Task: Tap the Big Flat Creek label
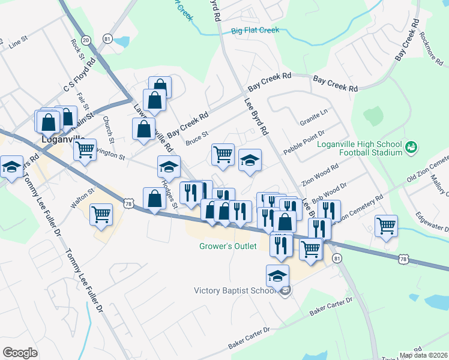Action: pyautogui.click(x=255, y=30)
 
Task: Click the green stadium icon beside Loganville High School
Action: pyautogui.click(x=411, y=146)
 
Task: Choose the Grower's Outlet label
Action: pyautogui.click(x=228, y=246)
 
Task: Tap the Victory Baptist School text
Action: pyautogui.click(x=235, y=291)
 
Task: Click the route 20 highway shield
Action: pyautogui.click(x=86, y=40)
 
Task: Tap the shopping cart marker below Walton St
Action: pyautogui.click(x=101, y=214)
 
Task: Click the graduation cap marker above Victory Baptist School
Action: pyautogui.click(x=277, y=275)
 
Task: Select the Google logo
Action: pyautogui.click(x=20, y=353)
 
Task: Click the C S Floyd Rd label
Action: pyautogui.click(x=80, y=77)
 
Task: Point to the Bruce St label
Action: pyautogui.click(x=196, y=139)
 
